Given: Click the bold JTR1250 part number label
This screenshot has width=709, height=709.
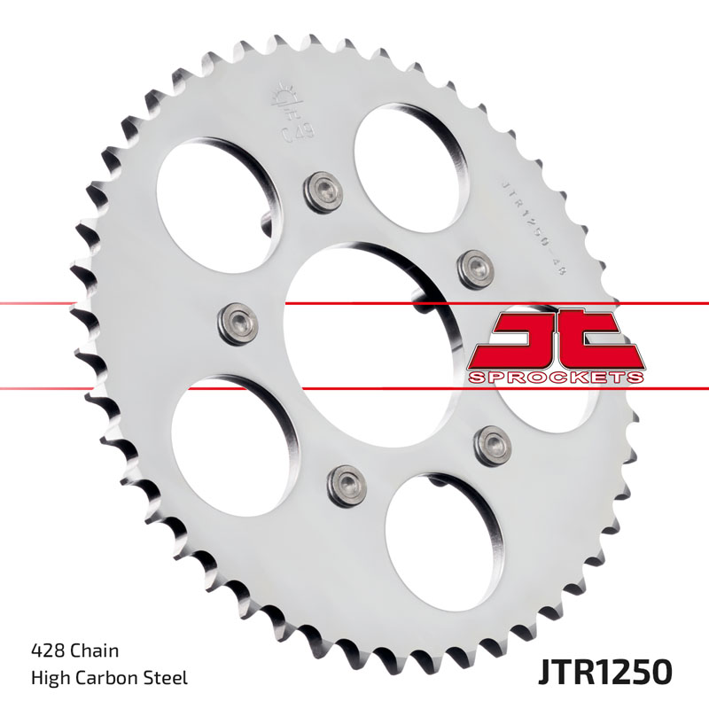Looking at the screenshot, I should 604,671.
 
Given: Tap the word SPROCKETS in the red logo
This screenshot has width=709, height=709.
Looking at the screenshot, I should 555,377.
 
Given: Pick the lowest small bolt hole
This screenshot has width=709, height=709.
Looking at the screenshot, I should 345,482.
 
